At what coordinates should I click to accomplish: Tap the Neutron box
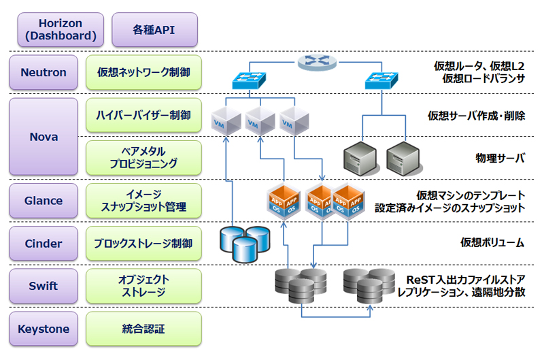point(44,72)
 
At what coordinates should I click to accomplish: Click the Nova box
point(44,137)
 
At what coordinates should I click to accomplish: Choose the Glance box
point(44,201)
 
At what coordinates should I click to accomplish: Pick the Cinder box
point(44,244)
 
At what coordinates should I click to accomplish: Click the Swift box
point(44,287)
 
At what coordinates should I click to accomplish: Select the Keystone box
point(44,329)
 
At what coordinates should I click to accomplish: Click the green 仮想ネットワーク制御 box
point(143,72)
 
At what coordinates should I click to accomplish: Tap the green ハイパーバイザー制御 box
point(143,115)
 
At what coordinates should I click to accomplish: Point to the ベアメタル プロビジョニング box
point(143,158)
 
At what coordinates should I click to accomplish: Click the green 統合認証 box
point(143,329)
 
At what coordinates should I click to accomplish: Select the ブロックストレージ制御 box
point(143,244)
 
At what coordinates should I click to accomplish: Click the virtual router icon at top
point(316,63)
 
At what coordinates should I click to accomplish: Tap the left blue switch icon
point(250,81)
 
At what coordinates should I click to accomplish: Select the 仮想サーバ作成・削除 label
point(476,115)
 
